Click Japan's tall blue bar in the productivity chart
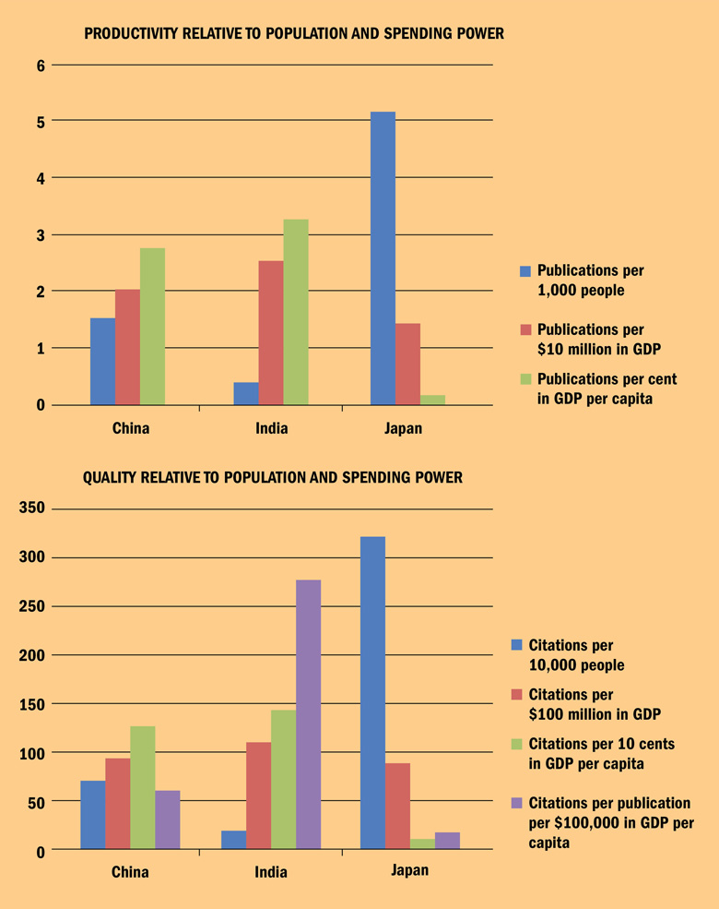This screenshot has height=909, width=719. (383, 258)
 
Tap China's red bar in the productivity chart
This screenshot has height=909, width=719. (127, 347)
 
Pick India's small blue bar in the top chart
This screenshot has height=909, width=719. (246, 394)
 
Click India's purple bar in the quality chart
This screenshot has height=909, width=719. (308, 714)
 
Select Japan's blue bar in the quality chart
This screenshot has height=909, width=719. (372, 692)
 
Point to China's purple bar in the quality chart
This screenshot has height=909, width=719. (168, 819)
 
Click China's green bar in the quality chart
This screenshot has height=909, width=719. (143, 787)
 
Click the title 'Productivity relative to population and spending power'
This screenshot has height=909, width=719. (294, 34)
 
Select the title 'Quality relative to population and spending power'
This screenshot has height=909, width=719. (273, 478)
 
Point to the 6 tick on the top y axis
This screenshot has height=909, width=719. (41, 65)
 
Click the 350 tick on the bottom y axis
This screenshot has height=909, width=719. (32, 509)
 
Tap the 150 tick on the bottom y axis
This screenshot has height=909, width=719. (32, 704)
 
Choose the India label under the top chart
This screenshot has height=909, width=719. (272, 428)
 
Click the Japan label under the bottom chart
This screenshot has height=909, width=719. (409, 870)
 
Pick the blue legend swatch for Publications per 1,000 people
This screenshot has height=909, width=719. (525, 271)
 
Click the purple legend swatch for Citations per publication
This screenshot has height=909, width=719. (516, 804)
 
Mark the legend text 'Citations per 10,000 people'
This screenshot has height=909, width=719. (573, 655)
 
